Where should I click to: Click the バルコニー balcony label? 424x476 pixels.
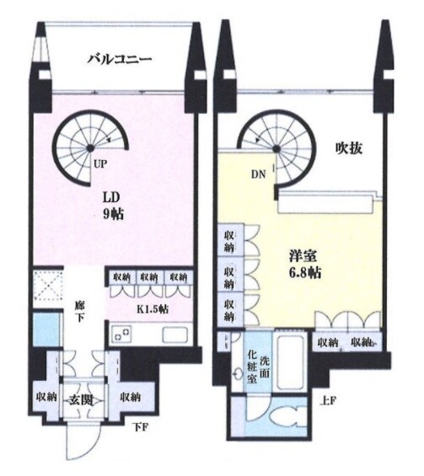pos(121,60)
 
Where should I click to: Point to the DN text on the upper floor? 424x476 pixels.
pos(259,174)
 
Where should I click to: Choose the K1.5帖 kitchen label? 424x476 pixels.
pos(152,309)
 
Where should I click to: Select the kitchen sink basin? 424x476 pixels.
pos(175,334)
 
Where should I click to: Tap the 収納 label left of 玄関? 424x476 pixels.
pos(47,396)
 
